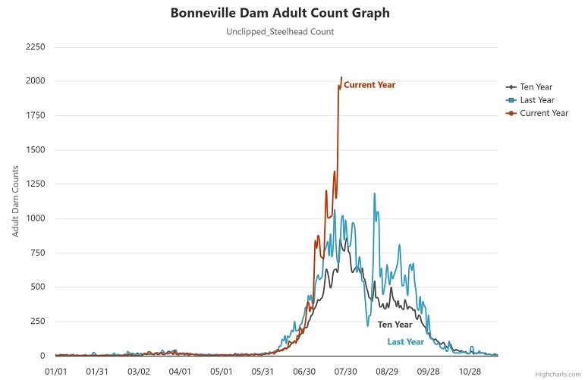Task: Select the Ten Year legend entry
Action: pyautogui.click(x=537, y=86)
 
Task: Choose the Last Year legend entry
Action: pyautogui.click(x=537, y=100)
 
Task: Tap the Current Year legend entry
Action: pyautogui.click(x=543, y=114)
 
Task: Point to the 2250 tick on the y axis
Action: pyautogui.click(x=36, y=47)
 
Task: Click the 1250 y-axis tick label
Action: pyautogui.click(x=36, y=184)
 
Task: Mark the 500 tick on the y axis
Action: pyautogui.click(x=39, y=287)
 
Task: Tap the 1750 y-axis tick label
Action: pyautogui.click(x=36, y=116)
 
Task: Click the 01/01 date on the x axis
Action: pyautogui.click(x=56, y=372)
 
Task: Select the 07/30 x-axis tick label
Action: pyautogui.click(x=345, y=372)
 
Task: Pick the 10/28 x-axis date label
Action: pyautogui.click(x=470, y=372)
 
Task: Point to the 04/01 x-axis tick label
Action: pyautogui.click(x=180, y=372)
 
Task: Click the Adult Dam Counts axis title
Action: pyautogui.click(x=16, y=201)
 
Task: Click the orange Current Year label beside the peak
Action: pyautogui.click(x=369, y=85)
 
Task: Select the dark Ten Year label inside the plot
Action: pyautogui.click(x=395, y=325)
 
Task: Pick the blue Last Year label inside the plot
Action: pyautogui.click(x=406, y=342)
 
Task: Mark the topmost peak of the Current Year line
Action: pyautogui.click(x=341, y=77)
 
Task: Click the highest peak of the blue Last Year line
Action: pyautogui.click(x=374, y=193)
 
